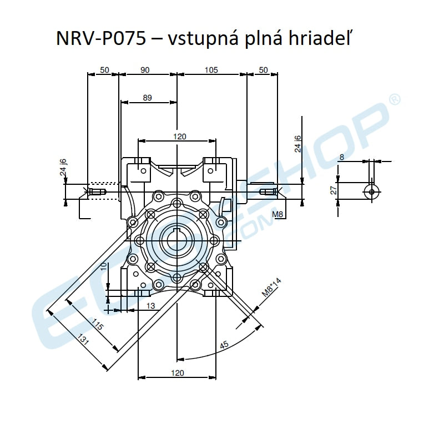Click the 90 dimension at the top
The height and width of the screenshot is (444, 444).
coord(145,70)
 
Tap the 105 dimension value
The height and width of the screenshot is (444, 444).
coord(211,70)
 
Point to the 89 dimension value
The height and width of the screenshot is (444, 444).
coord(147,98)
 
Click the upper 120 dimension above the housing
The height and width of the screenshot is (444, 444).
coord(179,136)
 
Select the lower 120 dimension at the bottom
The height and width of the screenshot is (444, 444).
coord(178,373)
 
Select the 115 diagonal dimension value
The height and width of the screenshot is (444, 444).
coord(97,325)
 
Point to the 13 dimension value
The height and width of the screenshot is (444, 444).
coord(150,306)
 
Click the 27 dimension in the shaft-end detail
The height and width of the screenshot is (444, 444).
coord(333,189)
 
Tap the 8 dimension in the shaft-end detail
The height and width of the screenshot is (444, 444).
coord(342,157)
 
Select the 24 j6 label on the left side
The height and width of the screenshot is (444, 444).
coord(63,168)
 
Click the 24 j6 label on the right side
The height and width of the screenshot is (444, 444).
coord(298,143)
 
